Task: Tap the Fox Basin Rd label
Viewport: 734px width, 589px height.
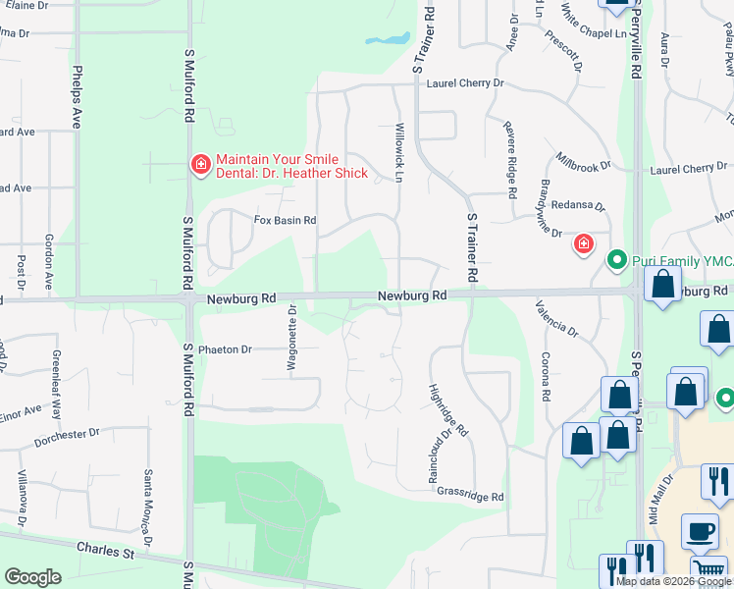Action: click(x=286, y=221)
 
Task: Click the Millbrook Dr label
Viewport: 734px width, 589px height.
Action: click(x=582, y=165)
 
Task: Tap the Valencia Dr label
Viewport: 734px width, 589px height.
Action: click(x=556, y=320)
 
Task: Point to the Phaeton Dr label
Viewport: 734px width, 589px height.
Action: click(x=225, y=348)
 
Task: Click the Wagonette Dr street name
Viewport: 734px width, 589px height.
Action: click(x=291, y=338)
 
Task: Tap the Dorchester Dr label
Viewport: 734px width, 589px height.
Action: click(x=68, y=433)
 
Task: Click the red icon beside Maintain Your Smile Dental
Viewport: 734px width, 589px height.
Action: click(x=200, y=165)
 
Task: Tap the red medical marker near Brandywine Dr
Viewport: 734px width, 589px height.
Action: click(x=584, y=243)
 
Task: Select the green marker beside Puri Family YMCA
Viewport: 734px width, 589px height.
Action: click(x=617, y=260)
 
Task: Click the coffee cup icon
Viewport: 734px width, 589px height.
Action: click(x=700, y=530)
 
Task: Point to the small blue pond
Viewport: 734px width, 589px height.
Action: click(x=388, y=40)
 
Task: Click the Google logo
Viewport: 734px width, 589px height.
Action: click(x=32, y=577)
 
